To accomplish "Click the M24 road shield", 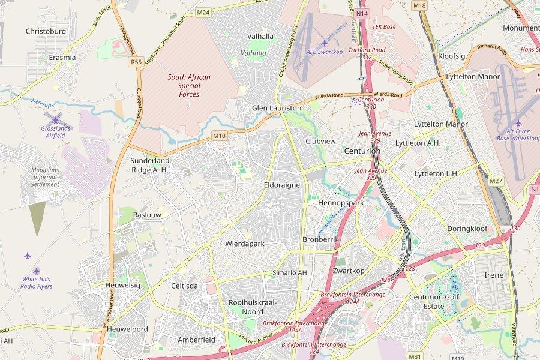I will point(203,12).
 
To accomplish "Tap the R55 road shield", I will point(136,61).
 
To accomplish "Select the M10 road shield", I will point(219,136).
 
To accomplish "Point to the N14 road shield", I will point(361,13).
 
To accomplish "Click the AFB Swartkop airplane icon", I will point(325,43).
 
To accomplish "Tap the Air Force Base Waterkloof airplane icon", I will point(518,123).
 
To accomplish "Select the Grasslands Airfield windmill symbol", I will point(56,118).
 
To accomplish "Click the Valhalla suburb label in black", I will point(260,37).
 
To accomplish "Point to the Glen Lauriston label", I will point(277,108).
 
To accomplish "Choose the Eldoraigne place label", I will point(281,185).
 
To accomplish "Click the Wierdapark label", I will point(245,244).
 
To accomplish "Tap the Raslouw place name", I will point(147,215).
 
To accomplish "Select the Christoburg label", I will point(46,31).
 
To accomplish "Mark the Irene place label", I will point(494,275).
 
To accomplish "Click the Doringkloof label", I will point(467,229).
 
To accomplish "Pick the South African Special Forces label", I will point(189,86).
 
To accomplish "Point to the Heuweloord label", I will point(127,329).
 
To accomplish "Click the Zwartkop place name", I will point(349,271).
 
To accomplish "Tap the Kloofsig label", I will point(452,56).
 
